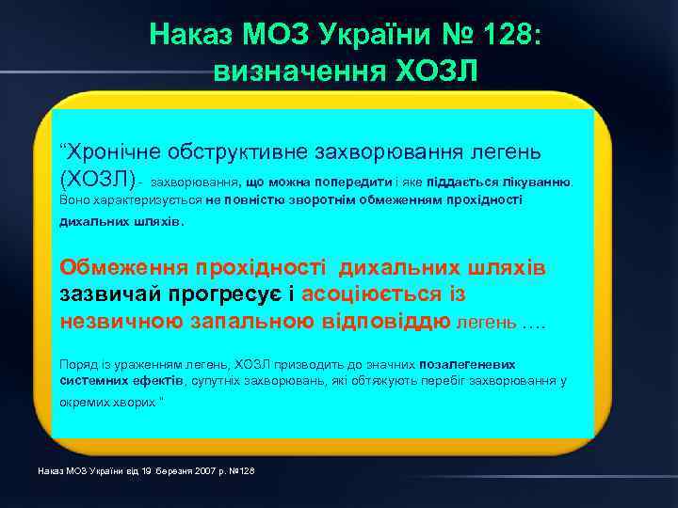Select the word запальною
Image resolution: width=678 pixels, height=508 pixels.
tap(247, 321)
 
